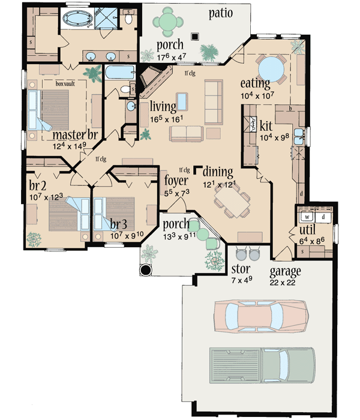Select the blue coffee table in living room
click(x=181, y=101)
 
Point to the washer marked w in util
click(x=307, y=216)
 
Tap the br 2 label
click(x=38, y=184)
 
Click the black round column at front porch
click(x=146, y=269)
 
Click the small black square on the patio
click(x=194, y=35)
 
